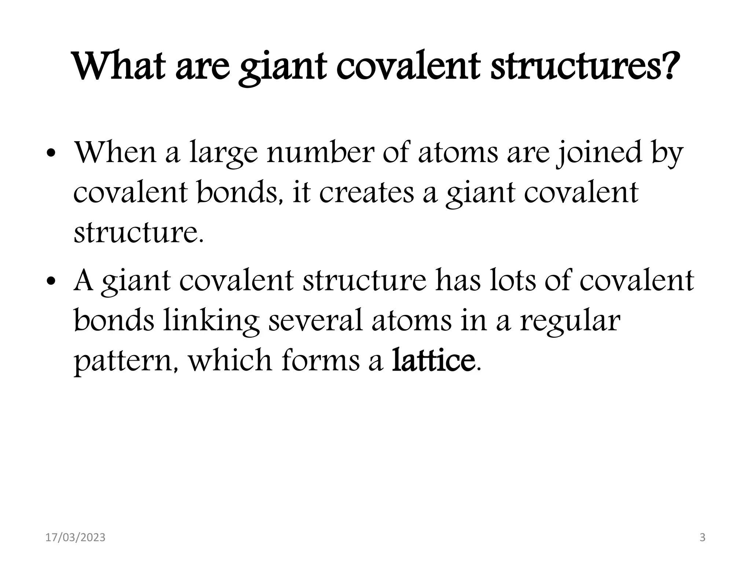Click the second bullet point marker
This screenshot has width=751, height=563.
point(52,282)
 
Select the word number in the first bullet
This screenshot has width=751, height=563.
point(319,152)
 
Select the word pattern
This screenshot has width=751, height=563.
point(126,361)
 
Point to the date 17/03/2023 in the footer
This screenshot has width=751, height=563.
point(75,538)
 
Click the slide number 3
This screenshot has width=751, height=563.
point(703,538)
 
